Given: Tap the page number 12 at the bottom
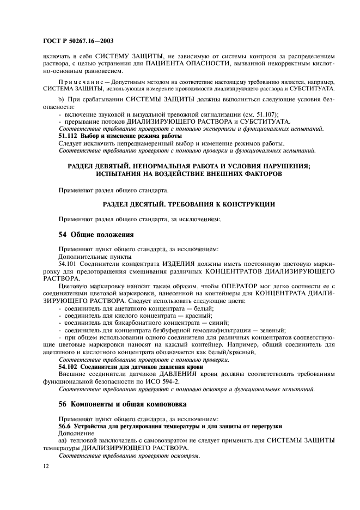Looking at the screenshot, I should point(46,466).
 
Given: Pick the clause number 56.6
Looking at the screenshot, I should point(65,426).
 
